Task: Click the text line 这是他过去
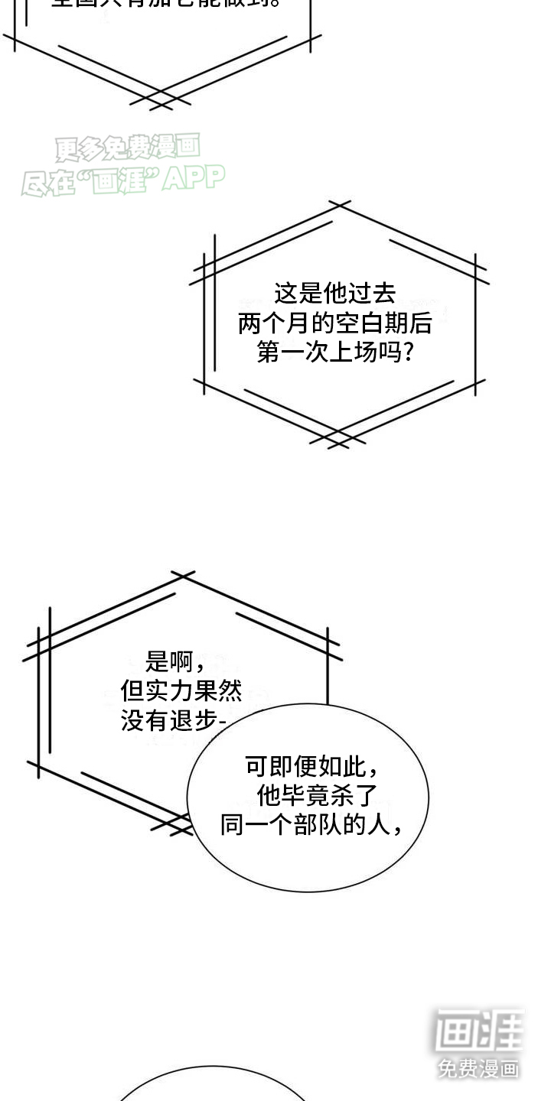pos(334,294)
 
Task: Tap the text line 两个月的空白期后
pos(334,323)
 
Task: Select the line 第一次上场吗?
pos(334,352)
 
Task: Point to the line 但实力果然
pos(181,691)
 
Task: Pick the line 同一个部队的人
pos(310,825)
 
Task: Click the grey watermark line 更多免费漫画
pos(127,148)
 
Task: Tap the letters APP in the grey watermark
pos(194,179)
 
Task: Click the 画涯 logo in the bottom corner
pos(479,1031)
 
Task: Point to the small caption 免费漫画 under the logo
pos(479,1068)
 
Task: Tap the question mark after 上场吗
pos(409,352)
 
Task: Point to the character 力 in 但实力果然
pos(181,691)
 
